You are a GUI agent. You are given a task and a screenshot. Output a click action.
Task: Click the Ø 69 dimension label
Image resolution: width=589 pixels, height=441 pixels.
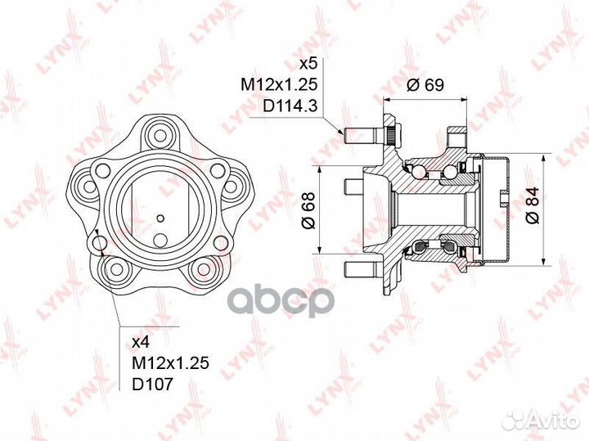[x=425, y=85]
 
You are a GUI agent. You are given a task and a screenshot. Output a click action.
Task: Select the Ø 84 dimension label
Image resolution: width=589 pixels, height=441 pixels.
[x=533, y=205]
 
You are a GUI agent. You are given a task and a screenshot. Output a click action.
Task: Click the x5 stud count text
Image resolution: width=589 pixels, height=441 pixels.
[x=308, y=64]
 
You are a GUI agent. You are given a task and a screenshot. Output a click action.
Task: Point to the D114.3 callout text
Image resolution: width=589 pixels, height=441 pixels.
[x=290, y=106]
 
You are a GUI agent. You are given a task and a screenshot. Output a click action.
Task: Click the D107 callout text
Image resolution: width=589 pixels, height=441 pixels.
[x=153, y=384]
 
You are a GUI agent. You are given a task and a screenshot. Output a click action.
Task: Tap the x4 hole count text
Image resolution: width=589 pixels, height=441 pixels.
[x=142, y=342]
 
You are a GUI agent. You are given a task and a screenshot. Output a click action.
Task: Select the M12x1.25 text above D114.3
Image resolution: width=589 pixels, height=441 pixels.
[x=279, y=85]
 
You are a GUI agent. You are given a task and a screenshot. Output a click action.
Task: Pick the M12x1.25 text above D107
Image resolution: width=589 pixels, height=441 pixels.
[x=170, y=362]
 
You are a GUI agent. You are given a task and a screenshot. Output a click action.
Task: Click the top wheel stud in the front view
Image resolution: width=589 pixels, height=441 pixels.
[x=160, y=134]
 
